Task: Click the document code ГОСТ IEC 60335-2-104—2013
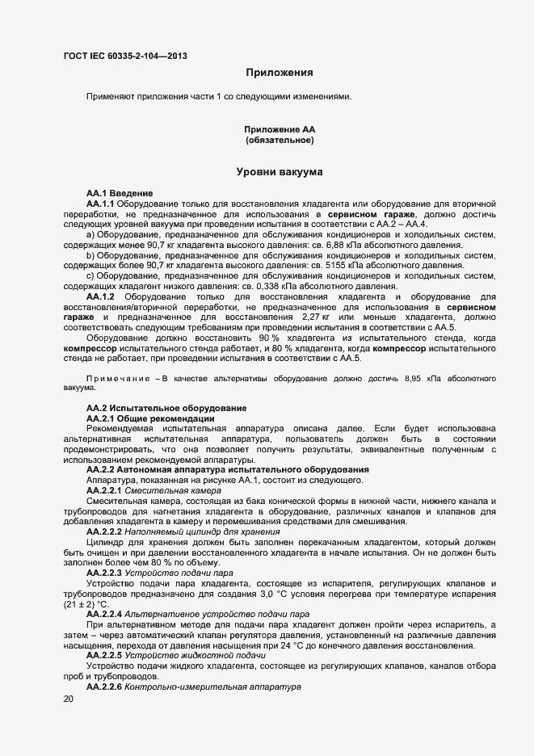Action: coord(125,56)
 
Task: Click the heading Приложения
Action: coord(280,73)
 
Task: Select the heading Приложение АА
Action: coord(280,129)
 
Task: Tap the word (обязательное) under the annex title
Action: coord(280,141)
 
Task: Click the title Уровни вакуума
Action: coord(280,172)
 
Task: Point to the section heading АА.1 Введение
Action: coord(120,194)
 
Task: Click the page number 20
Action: coord(68,700)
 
